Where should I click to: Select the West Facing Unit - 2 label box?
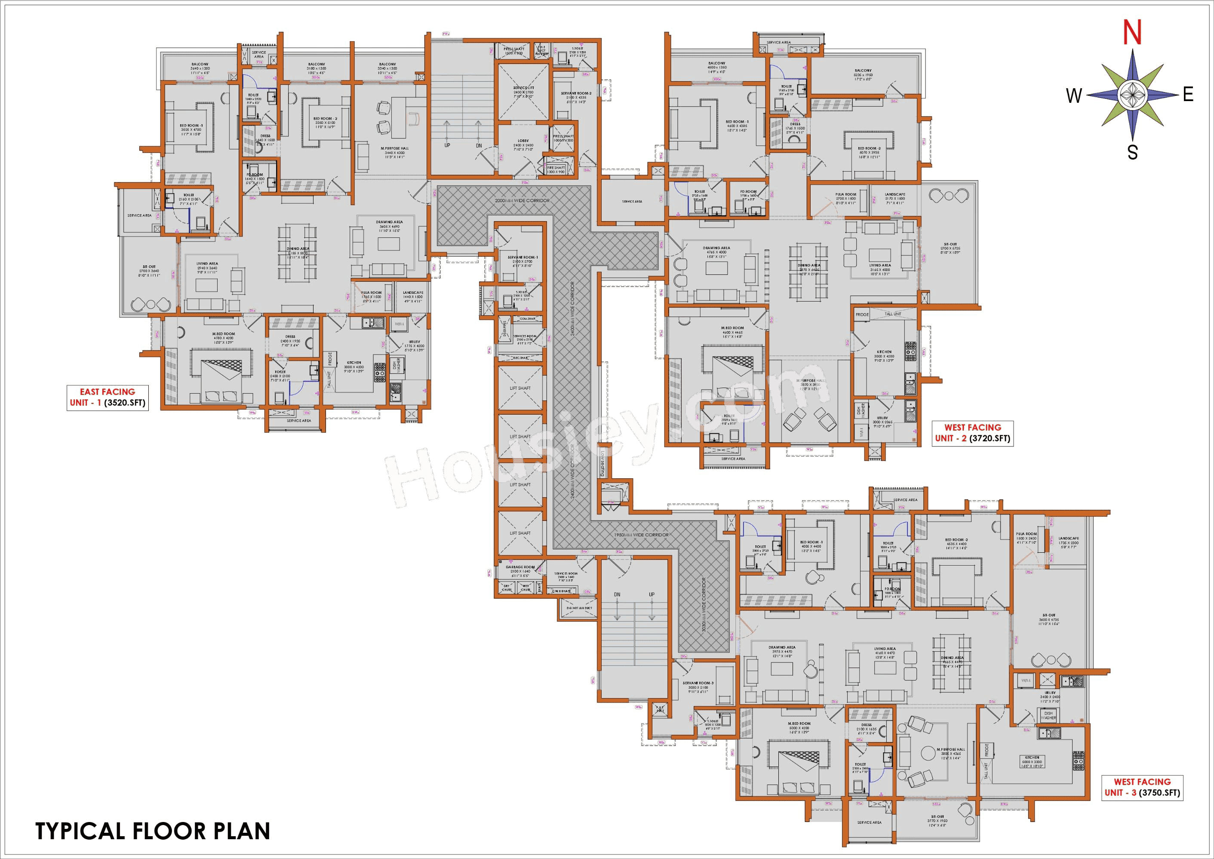tap(972, 433)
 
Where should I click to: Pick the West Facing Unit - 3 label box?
tap(1142, 787)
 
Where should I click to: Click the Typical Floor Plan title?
tap(153, 831)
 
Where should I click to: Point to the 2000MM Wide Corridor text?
tap(522, 200)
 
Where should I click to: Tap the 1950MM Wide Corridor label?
tap(641, 535)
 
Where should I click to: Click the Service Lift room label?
tap(523, 88)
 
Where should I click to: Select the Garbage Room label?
tap(520, 567)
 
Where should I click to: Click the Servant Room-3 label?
tap(698, 683)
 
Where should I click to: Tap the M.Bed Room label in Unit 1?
tap(223, 334)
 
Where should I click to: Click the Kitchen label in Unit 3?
tap(1032, 757)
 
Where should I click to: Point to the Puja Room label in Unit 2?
tap(846, 194)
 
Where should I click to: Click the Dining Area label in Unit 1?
tap(298, 249)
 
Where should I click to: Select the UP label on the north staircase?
tap(447, 145)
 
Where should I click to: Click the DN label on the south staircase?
tap(617, 594)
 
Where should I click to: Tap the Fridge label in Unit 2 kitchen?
tap(862, 315)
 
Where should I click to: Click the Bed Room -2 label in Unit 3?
tap(956, 540)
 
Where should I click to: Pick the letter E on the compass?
tap(1188, 95)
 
